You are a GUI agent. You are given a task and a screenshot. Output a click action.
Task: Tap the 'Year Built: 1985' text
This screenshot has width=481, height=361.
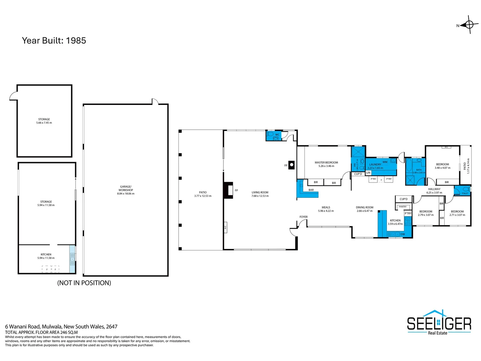click(54, 40)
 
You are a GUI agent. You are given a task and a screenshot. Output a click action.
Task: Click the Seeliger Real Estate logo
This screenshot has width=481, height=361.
click(439, 323)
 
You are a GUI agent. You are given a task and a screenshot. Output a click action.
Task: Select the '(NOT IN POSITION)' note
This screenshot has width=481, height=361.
click(84, 283)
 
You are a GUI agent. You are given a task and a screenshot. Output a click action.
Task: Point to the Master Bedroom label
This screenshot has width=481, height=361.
click(326, 162)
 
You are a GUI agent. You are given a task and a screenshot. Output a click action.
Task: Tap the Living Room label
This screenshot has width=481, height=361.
click(260, 193)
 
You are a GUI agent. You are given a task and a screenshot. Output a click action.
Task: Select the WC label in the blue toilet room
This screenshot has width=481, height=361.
click(277, 135)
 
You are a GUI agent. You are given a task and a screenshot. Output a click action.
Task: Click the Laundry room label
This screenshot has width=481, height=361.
click(375, 164)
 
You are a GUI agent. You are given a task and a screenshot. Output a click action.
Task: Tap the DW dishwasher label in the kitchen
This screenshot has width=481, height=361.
click(403, 234)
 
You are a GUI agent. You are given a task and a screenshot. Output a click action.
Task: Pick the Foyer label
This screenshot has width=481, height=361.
click(303, 217)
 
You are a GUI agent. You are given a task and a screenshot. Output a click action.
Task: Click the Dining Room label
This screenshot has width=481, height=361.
click(364, 208)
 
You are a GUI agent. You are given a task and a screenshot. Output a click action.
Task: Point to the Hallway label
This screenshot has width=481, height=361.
click(434, 189)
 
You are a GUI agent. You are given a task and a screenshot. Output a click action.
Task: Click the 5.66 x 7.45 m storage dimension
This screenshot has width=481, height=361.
click(44, 123)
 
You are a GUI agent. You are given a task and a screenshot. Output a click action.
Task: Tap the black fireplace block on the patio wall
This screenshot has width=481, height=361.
click(228, 190)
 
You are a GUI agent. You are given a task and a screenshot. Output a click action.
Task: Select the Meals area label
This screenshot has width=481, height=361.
click(326, 208)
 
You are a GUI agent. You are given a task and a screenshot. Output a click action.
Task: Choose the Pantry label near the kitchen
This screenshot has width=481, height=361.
click(403, 207)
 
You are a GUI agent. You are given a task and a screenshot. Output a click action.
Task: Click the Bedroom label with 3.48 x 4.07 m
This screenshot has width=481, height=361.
click(442, 164)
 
